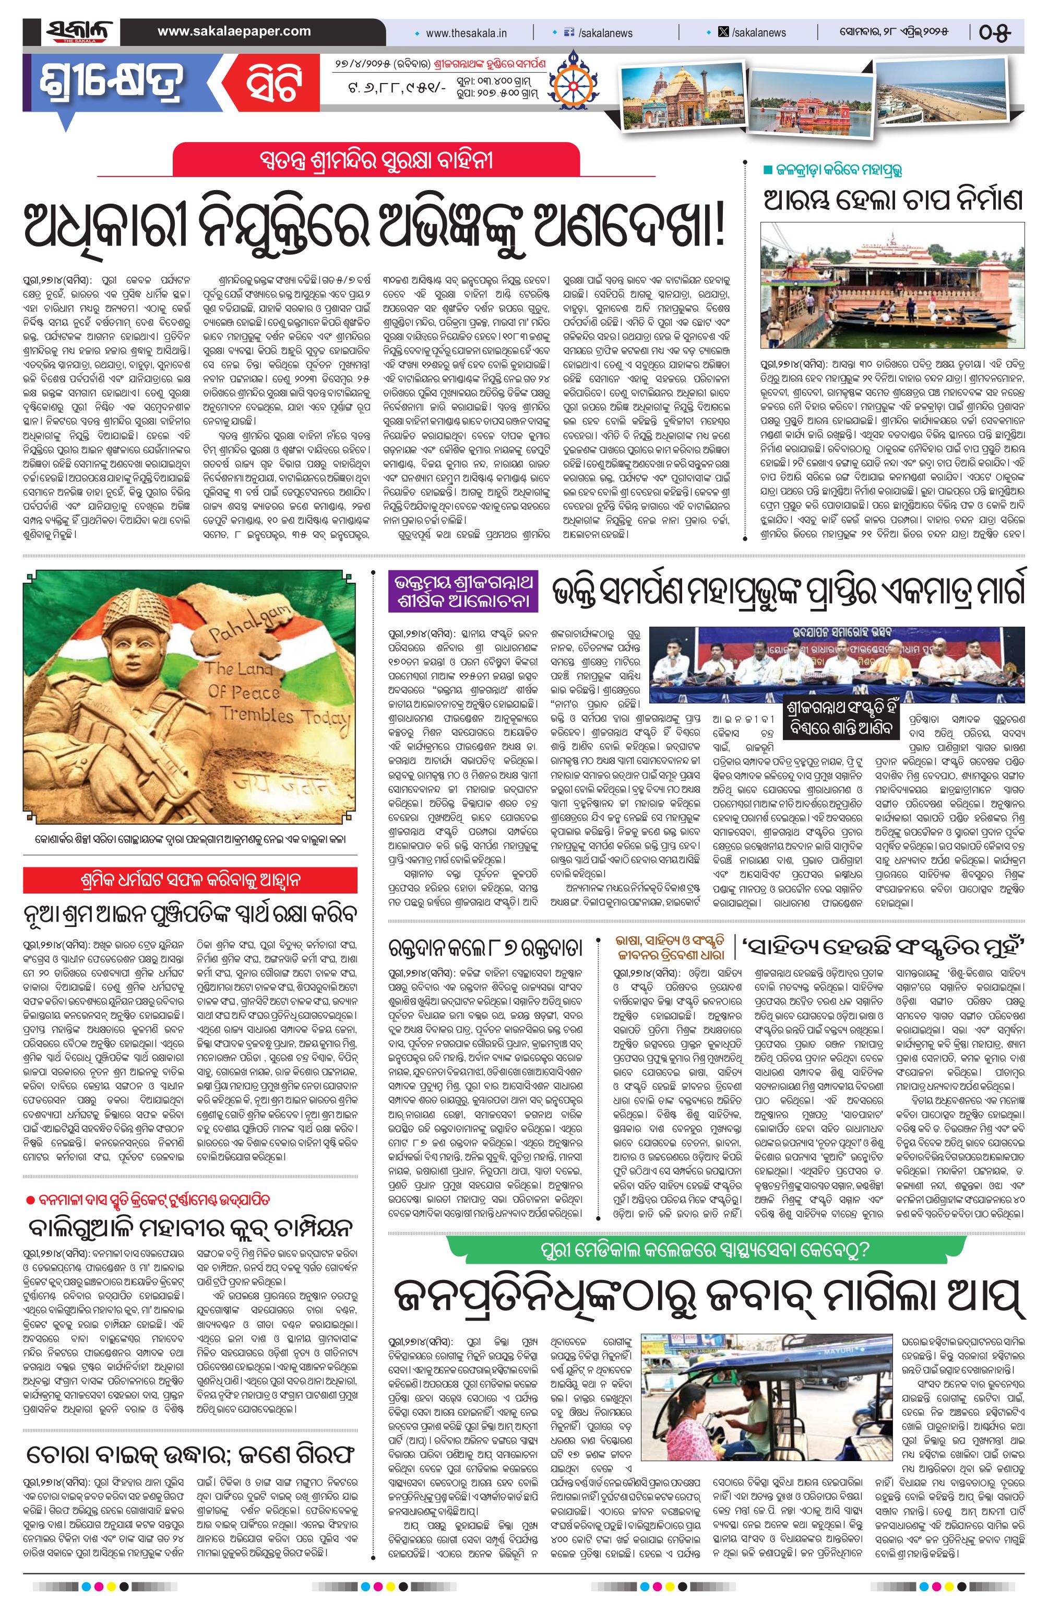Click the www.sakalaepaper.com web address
(234, 31)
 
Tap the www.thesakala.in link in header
(466, 32)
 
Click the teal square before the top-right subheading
(767, 169)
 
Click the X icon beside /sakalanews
(723, 32)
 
